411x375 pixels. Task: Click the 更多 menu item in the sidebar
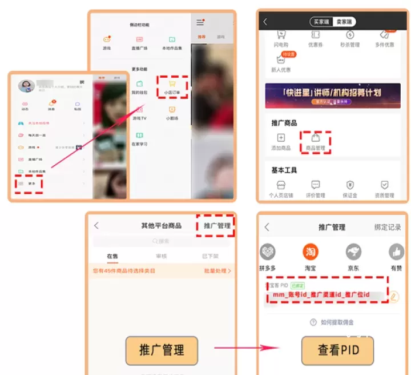pyautogui.click(x=29, y=184)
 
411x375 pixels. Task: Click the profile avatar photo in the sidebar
pyautogui.click(x=26, y=86)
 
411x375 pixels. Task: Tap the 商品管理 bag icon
pyautogui.click(x=315, y=138)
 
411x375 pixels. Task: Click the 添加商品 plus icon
pyautogui.click(x=280, y=138)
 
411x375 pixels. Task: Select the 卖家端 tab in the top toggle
pyautogui.click(x=344, y=22)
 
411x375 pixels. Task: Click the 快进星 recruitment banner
pyautogui.click(x=333, y=95)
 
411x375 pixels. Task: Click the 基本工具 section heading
pyautogui.click(x=284, y=170)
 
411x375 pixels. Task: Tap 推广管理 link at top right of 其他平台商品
pyautogui.click(x=217, y=226)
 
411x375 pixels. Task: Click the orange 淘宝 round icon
pyautogui.click(x=310, y=252)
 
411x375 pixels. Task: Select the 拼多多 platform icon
pyautogui.click(x=268, y=252)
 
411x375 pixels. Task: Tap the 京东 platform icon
pyautogui.click(x=353, y=252)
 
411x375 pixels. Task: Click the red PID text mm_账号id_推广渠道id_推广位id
pyautogui.click(x=321, y=295)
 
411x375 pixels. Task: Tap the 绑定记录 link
pyautogui.click(x=388, y=227)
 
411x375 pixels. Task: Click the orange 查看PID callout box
pyautogui.click(x=337, y=349)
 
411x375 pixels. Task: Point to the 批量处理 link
pyautogui.click(x=217, y=270)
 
